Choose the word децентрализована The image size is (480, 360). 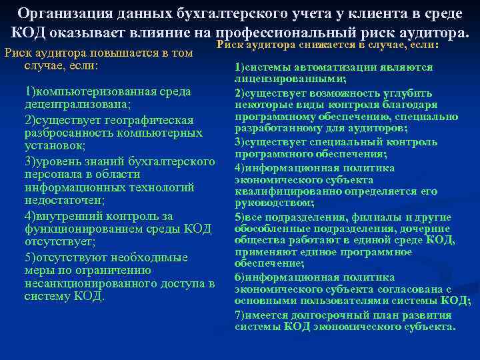tap(77, 105)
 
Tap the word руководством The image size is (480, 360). tap(264, 202)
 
